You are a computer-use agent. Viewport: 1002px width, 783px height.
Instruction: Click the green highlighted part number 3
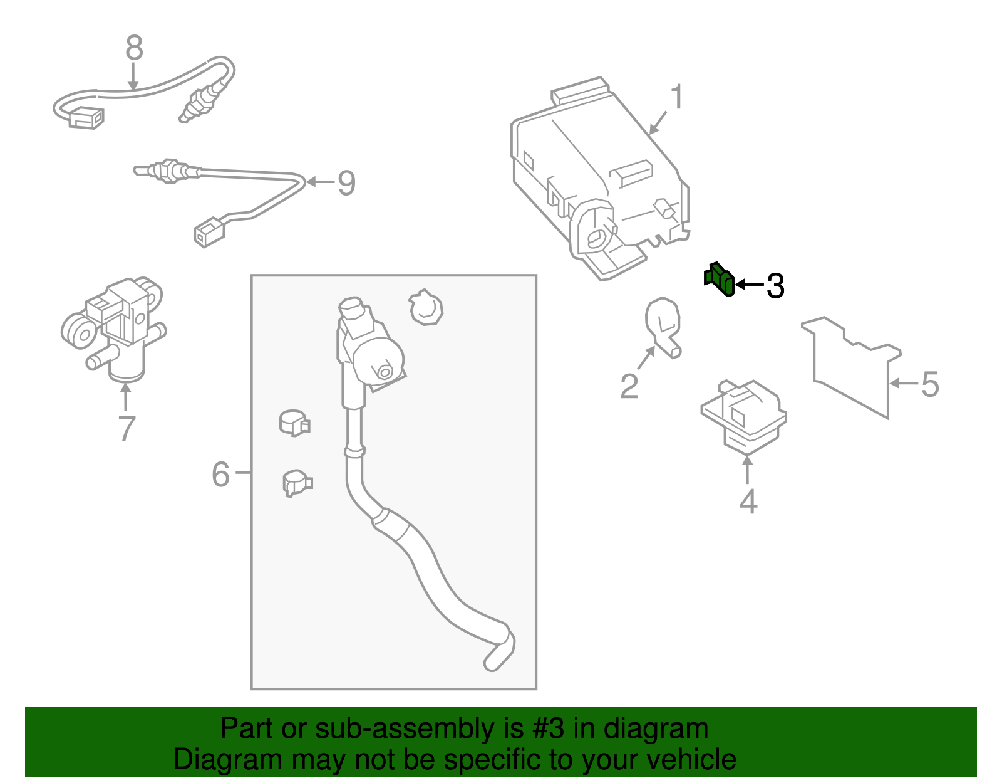point(719,279)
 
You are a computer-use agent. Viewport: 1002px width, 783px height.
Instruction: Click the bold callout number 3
point(775,286)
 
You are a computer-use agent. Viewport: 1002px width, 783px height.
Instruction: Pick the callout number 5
point(930,384)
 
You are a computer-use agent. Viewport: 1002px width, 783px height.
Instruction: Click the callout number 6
point(220,474)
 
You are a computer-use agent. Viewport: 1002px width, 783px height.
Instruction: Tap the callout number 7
point(127,428)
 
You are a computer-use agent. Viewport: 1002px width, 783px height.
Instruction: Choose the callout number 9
point(347,182)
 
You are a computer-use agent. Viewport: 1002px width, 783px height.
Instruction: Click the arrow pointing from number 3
point(750,285)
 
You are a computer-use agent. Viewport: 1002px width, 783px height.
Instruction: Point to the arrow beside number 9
point(320,182)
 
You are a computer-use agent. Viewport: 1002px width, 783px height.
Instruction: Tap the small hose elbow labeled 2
point(663,327)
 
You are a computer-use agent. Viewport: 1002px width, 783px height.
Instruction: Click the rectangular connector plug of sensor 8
point(86,118)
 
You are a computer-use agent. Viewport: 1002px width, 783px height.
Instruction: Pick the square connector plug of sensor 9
point(209,233)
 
